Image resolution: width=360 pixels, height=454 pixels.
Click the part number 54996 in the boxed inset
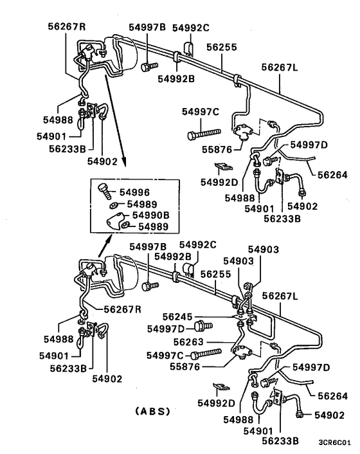[150, 192]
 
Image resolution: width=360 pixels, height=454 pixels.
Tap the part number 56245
[177, 316]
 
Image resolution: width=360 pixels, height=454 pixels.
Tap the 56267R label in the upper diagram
[66, 26]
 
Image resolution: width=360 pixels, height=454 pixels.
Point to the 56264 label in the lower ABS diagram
[333, 396]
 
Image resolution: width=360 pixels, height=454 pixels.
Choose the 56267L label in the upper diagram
[281, 66]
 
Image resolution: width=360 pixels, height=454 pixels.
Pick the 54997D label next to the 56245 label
[165, 329]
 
